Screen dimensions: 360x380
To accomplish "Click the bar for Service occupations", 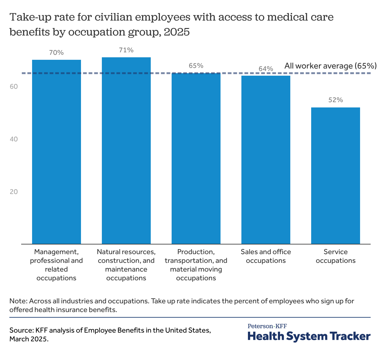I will pyautogui.click(x=335, y=176).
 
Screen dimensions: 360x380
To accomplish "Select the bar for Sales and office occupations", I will pyautogui.click(x=266, y=160).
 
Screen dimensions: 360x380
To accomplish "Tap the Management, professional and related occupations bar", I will pyautogui.click(x=56, y=152).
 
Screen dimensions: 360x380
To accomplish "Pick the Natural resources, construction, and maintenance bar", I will pyautogui.click(x=126, y=150).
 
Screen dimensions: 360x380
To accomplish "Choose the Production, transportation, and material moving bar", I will pyautogui.click(x=196, y=159).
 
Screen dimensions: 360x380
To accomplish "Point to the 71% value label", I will pyautogui.click(x=126, y=50).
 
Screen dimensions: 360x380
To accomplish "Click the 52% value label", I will pyautogui.click(x=335, y=100).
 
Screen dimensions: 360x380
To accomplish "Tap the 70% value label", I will pyautogui.click(x=56, y=53).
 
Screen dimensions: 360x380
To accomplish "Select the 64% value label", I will pyautogui.click(x=266, y=69).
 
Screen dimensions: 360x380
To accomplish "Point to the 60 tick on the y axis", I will pyautogui.click(x=13, y=87).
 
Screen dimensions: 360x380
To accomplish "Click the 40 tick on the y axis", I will pyautogui.click(x=13, y=139).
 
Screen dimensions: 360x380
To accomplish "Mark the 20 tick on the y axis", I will pyautogui.click(x=13, y=192).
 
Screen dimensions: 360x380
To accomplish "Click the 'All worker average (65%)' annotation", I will pyautogui.click(x=330, y=66).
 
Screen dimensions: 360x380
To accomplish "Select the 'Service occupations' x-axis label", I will pyautogui.click(x=335, y=256).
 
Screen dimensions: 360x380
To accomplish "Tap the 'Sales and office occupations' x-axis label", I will pyautogui.click(x=266, y=256).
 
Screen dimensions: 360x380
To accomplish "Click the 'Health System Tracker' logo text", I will pyautogui.click(x=309, y=336).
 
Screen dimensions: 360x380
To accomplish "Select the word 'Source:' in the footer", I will pyautogui.click(x=21, y=330).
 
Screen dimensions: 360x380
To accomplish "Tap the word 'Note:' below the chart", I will pyautogui.click(x=19, y=301).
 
